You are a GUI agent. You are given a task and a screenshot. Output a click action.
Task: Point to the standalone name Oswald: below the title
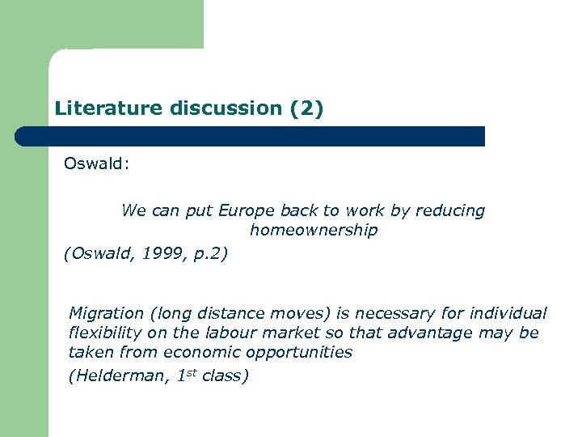pyautogui.click(x=96, y=164)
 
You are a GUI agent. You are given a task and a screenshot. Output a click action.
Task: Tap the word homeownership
pyautogui.click(x=314, y=231)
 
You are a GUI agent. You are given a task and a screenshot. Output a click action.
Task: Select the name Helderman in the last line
pyautogui.click(x=121, y=376)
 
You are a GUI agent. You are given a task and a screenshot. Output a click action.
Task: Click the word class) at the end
pyautogui.click(x=225, y=376)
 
